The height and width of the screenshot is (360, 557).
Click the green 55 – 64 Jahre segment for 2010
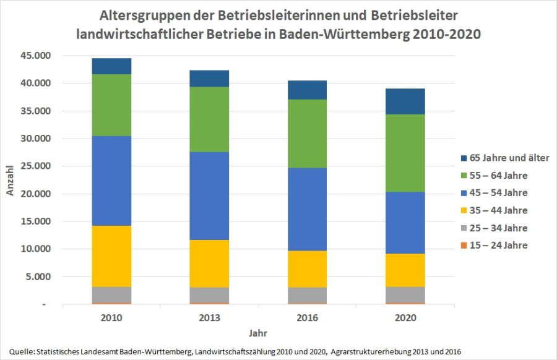pyautogui.click(x=111, y=105)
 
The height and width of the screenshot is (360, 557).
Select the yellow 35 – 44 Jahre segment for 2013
pyautogui.click(x=209, y=264)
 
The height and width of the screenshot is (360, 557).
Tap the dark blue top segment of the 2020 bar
pyautogui.click(x=406, y=101)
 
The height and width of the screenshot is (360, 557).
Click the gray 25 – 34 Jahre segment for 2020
pyautogui.click(x=406, y=295)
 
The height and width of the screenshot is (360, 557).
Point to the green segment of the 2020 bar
pyautogui.click(x=406, y=153)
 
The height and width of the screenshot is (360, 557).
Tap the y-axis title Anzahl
pyautogui.click(x=11, y=181)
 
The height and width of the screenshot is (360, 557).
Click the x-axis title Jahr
pyautogui.click(x=258, y=333)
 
